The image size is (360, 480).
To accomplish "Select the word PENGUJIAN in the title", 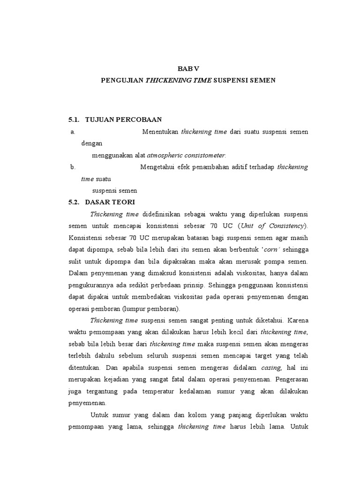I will [x=122, y=80].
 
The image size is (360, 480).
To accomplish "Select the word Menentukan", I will [x=160, y=132].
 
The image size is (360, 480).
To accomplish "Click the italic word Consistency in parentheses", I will [x=284, y=225].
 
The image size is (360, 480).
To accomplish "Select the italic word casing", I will [x=271, y=367].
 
